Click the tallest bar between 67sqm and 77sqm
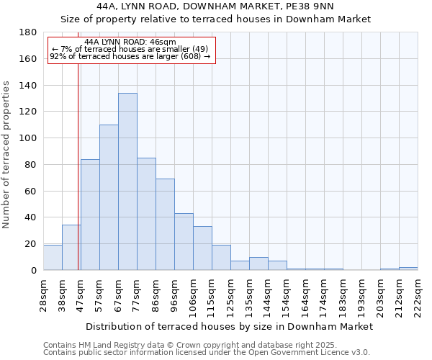[x=127, y=181]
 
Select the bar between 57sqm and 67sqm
[x=109, y=197]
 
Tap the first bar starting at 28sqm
[x=53, y=257]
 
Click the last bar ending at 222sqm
[x=408, y=269]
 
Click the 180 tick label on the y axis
[x=28, y=32]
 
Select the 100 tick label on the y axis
[x=28, y=138]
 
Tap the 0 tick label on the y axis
[x=33, y=270]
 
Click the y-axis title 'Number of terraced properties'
[x=6, y=154]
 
